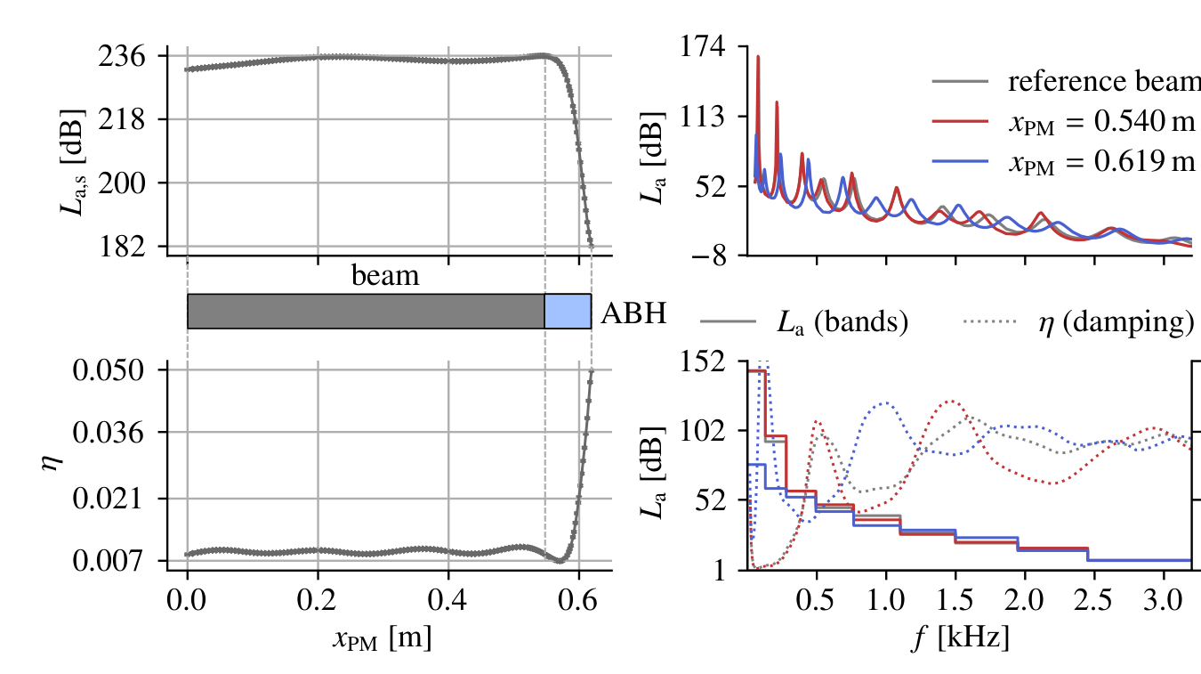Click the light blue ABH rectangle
568,311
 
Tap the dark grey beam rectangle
366,311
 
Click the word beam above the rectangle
385,276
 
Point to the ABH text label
633,313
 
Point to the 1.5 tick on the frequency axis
955,593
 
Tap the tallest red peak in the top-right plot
758,57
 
